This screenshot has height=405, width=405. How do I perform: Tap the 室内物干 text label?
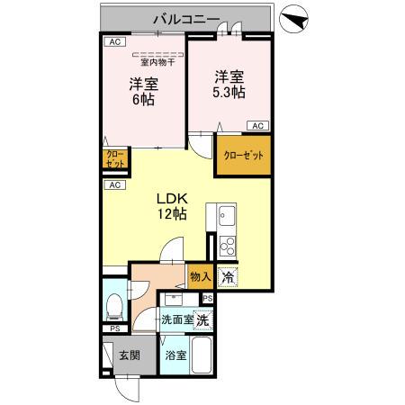pyautogui.click(x=157, y=62)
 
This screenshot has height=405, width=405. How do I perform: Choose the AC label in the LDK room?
pyautogui.click(x=114, y=185)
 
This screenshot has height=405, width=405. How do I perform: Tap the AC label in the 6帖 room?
pyautogui.click(x=114, y=42)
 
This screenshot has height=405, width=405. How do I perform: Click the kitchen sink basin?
pyautogui.click(x=226, y=217)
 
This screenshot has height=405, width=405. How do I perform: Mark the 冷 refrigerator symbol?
pyautogui.click(x=229, y=278)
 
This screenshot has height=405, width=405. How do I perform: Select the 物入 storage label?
pyautogui.click(x=200, y=278)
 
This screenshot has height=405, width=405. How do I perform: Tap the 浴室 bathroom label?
pyautogui.click(x=175, y=355)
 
